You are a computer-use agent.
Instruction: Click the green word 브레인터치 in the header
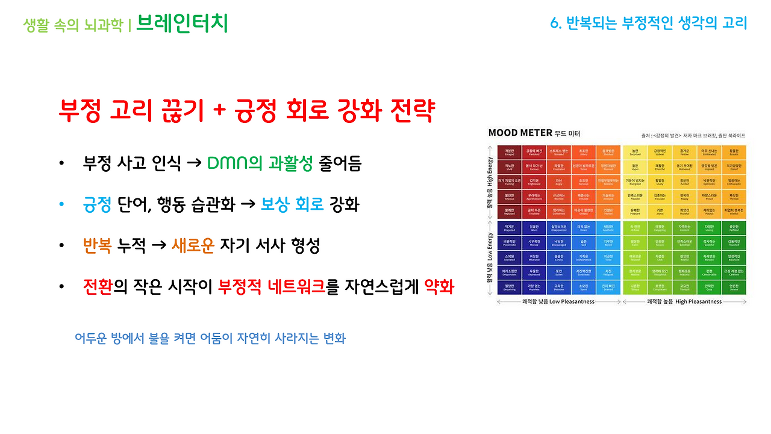182,24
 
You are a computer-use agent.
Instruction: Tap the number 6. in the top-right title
557,24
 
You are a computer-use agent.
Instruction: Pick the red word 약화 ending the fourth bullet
439,287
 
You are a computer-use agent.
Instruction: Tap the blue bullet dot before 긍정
61,206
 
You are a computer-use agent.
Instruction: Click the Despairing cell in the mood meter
509,288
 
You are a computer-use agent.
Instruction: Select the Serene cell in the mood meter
734,288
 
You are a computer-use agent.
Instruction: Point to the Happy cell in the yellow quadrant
684,197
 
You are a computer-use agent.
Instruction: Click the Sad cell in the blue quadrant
583,243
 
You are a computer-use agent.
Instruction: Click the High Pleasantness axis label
684,301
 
